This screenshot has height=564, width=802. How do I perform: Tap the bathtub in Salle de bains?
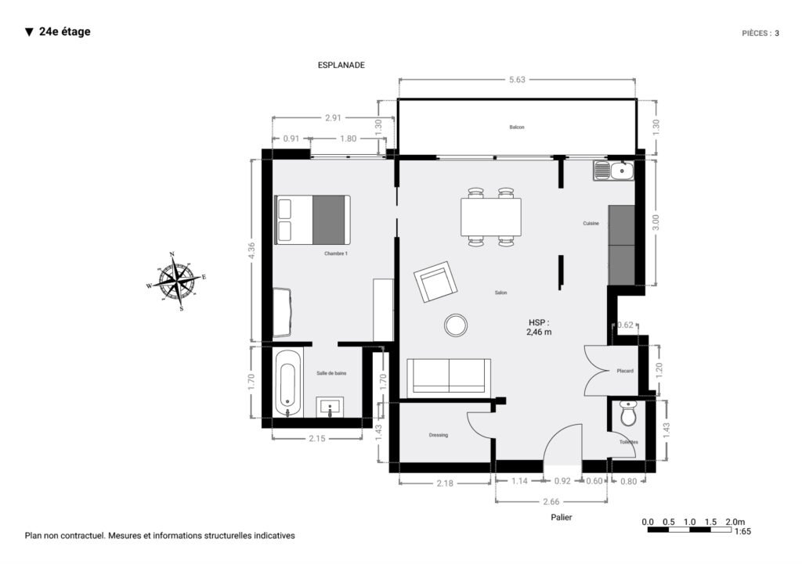click(287, 383)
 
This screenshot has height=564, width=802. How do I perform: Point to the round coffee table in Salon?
click(455, 324)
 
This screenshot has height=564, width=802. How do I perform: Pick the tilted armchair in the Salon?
click(435, 282)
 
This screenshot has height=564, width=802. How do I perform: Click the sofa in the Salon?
click(448, 376)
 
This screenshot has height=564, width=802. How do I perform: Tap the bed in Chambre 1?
click(312, 220)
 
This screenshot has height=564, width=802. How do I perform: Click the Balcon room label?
click(516, 128)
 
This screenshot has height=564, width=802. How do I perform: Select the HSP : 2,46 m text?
click(538, 327)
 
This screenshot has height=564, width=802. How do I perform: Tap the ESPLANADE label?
click(341, 66)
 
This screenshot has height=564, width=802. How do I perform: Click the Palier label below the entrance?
click(561, 517)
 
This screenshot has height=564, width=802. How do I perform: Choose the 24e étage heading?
click(64, 32)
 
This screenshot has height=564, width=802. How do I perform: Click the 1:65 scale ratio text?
click(743, 532)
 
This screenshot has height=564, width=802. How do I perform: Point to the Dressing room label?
click(438, 435)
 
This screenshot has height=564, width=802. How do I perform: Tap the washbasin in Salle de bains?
click(330, 407)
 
